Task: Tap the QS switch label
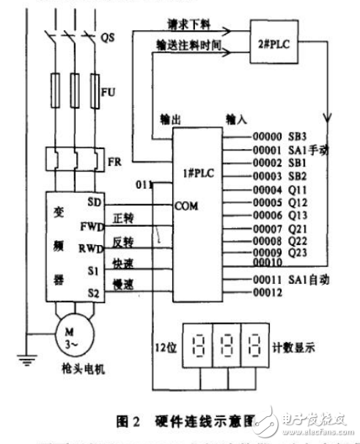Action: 107,35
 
